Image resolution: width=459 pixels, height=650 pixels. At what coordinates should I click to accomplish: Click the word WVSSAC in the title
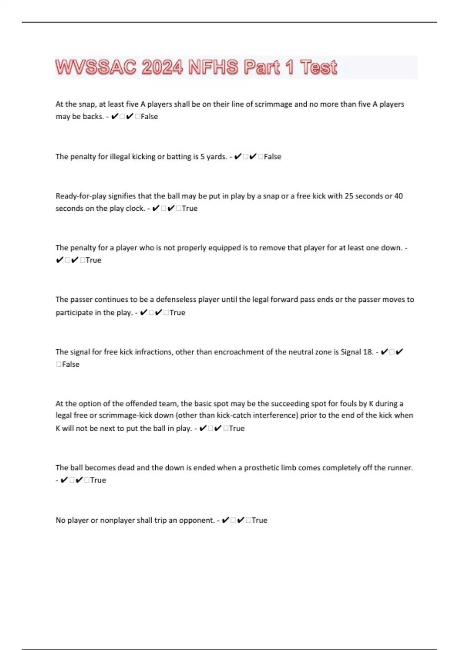pos(96,67)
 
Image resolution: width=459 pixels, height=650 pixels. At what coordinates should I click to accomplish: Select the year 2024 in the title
pos(162,67)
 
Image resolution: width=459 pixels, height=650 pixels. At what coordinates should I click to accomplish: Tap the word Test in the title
pos(318,67)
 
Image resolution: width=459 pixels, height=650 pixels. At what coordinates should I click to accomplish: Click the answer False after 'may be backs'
pos(149,117)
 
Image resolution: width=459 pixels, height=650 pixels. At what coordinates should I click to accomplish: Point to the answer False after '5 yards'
pos(272,157)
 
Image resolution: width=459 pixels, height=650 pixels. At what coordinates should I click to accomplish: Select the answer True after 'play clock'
pos(190,208)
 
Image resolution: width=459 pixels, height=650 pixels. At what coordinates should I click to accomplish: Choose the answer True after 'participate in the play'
pos(177,313)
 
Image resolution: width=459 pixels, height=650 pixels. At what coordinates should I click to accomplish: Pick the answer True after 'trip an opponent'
pos(259,520)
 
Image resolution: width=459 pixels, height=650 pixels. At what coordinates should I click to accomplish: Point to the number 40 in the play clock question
pos(398,196)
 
